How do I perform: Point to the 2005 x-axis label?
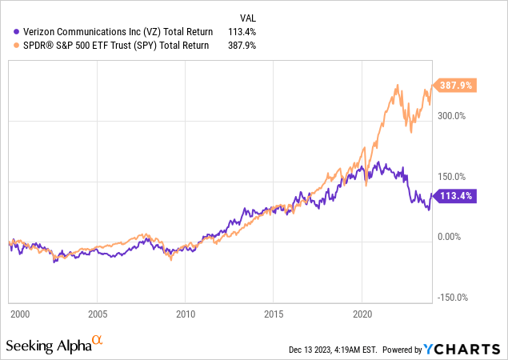point(98,314)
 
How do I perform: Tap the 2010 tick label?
point(186,314)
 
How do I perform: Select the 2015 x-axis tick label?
point(274,314)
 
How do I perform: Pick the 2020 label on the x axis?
point(363,314)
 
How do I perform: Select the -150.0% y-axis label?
point(452,298)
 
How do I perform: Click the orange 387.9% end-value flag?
point(454,84)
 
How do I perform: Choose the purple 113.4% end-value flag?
point(454,194)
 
